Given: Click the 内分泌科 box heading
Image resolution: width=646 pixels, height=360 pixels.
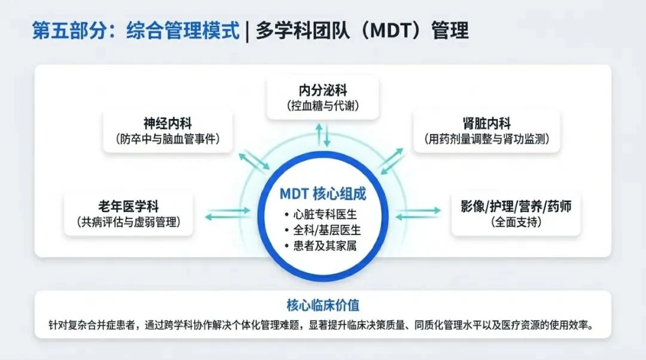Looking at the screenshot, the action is coord(323,90).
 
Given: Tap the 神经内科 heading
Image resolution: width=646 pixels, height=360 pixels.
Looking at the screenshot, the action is coord(167,123).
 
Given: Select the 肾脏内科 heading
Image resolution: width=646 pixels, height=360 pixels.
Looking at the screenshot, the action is coord(486,123).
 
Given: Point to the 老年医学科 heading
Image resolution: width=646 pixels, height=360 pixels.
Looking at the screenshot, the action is coord(129,206).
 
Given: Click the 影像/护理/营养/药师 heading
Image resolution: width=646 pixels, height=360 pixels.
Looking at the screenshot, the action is coord(516,206).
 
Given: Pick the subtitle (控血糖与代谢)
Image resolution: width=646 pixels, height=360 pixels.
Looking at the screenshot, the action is coord(323,106).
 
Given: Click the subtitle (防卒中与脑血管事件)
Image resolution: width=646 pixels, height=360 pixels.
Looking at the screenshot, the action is coord(167,139).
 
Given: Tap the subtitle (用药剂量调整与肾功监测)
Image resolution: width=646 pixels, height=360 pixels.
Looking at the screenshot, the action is coord(486,139).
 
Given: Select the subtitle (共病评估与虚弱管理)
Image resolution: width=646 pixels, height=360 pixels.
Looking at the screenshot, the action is coord(129,222).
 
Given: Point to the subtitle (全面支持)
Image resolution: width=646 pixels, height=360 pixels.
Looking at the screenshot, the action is coord(516,222).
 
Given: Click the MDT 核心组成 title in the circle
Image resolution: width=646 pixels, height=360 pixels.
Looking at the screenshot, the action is coord(323,194).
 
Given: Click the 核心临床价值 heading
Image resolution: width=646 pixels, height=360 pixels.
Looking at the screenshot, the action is coord(323,305).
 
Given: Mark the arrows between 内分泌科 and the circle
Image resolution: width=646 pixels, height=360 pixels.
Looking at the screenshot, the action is coord(323,135).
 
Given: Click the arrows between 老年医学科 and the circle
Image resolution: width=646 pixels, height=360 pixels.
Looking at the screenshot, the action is coord(228,213).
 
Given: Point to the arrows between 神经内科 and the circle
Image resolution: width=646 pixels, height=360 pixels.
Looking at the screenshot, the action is coord(254,161).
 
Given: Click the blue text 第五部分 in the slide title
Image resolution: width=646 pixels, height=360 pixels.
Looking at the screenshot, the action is coord(69,30).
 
